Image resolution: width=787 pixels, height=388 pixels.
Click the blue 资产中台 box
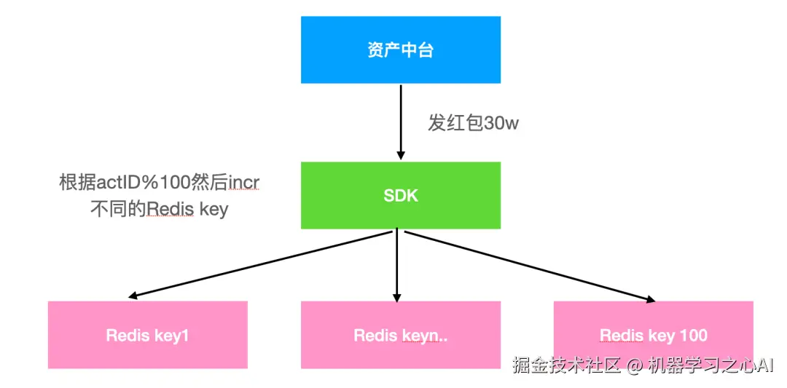(401, 50)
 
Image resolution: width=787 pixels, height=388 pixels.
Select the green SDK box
(401, 195)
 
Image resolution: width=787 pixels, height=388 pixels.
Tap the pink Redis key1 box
(148, 335)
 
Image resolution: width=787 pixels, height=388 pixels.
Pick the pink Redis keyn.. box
(401, 335)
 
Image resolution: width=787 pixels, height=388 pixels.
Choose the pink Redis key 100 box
(653, 335)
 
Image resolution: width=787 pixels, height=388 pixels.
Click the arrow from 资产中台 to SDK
(400, 120)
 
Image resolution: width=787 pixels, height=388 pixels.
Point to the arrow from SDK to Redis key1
(262, 265)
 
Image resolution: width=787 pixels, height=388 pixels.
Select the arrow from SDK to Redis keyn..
(397, 266)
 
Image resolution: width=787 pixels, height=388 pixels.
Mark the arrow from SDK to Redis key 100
(528, 266)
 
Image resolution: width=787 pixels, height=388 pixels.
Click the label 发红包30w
(473, 123)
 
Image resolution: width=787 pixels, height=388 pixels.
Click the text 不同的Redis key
(159, 210)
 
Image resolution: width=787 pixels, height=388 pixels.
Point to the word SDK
(401, 195)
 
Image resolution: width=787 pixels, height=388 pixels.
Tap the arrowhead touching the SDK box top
(400, 155)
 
